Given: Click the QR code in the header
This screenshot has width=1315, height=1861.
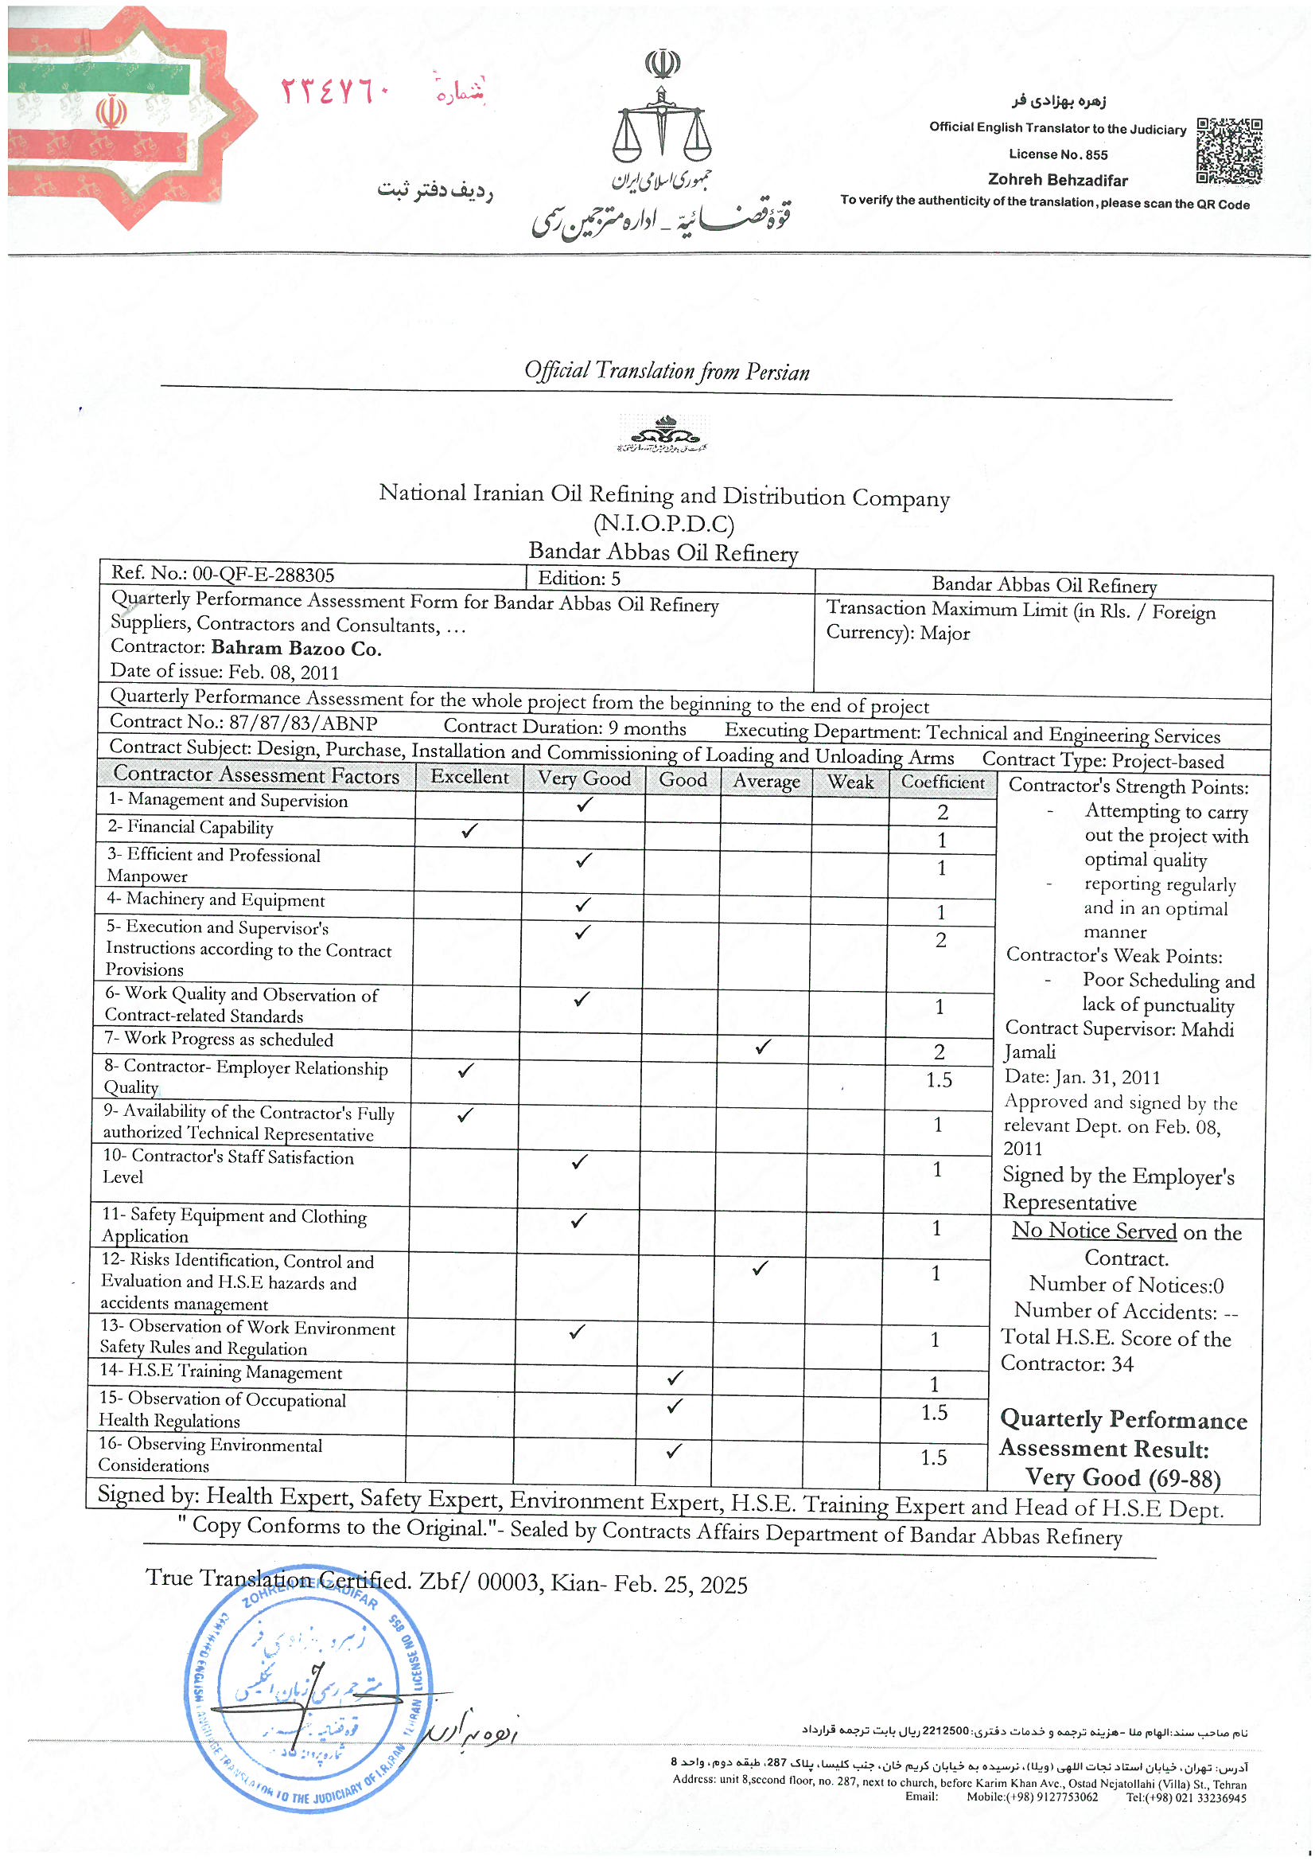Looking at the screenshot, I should [1228, 150].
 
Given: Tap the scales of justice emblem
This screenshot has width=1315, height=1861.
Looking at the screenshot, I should [661, 122].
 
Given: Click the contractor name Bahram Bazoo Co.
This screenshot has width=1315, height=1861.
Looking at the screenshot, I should [296, 649].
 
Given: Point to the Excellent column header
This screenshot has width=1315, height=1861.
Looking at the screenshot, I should [469, 777].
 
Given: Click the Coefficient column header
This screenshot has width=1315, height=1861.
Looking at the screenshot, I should [942, 782].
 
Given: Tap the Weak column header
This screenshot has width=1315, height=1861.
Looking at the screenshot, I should [850, 782].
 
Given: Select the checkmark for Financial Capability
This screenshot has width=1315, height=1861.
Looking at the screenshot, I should [469, 831].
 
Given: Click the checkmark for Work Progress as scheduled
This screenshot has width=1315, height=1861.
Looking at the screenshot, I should [762, 1047].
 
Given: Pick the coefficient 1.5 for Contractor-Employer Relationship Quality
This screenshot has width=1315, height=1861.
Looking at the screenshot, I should [939, 1079].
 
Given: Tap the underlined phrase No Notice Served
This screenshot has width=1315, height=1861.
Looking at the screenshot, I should [1094, 1231].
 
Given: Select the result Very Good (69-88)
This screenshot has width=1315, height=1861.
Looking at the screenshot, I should [1122, 1477].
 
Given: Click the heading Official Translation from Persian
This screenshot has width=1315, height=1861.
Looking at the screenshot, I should [666, 371].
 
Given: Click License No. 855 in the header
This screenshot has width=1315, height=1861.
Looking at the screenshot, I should [1058, 154].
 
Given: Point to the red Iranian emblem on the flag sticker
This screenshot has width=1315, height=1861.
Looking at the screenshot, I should [111, 113].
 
